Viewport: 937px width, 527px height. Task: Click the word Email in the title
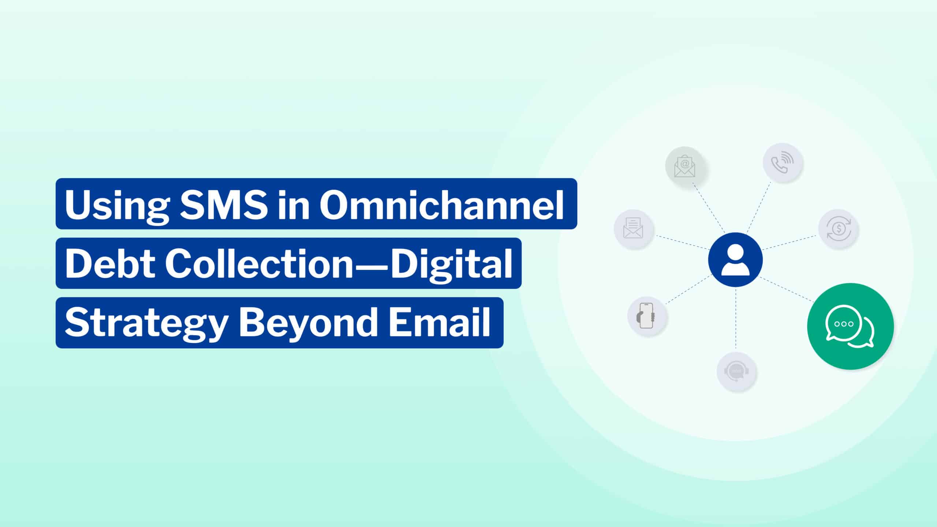pos(439,322)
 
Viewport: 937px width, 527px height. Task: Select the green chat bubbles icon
pos(850,326)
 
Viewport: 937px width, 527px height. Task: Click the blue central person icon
pos(735,260)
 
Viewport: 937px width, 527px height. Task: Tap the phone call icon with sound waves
pos(783,162)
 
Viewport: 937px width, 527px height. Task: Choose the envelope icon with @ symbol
pos(685,167)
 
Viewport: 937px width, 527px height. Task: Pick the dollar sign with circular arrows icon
pos(838,229)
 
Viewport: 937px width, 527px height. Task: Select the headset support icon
pos(736,372)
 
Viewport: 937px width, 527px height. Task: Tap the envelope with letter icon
pos(633,229)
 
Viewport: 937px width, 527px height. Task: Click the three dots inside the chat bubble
pos(843,324)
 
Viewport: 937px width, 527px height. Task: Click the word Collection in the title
pos(258,263)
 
